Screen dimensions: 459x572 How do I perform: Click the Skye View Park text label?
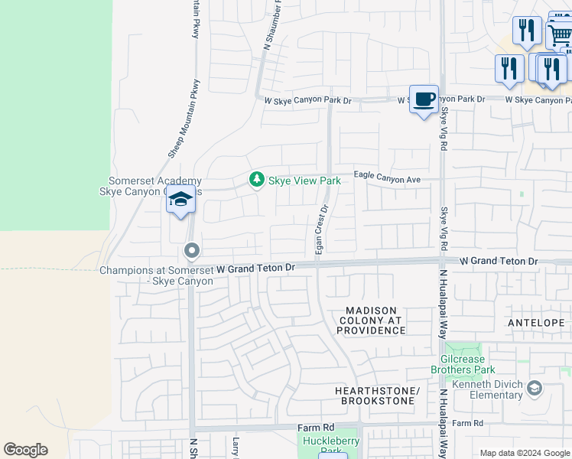click(x=304, y=181)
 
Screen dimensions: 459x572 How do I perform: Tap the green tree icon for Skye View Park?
click(x=257, y=180)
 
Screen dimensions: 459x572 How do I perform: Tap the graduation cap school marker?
click(x=180, y=200)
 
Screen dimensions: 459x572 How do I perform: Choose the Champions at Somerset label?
click(x=156, y=275)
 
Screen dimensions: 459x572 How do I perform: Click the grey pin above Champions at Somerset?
click(x=192, y=250)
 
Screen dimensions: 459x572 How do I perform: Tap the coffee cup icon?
click(x=424, y=99)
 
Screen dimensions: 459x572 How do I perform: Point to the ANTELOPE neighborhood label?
click(x=546, y=322)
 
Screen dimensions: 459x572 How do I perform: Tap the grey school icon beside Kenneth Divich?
click(x=535, y=389)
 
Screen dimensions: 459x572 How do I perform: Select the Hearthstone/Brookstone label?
click(x=378, y=396)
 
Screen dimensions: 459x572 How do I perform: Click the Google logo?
click(x=25, y=450)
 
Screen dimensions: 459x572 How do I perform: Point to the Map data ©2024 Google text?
click(x=525, y=453)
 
